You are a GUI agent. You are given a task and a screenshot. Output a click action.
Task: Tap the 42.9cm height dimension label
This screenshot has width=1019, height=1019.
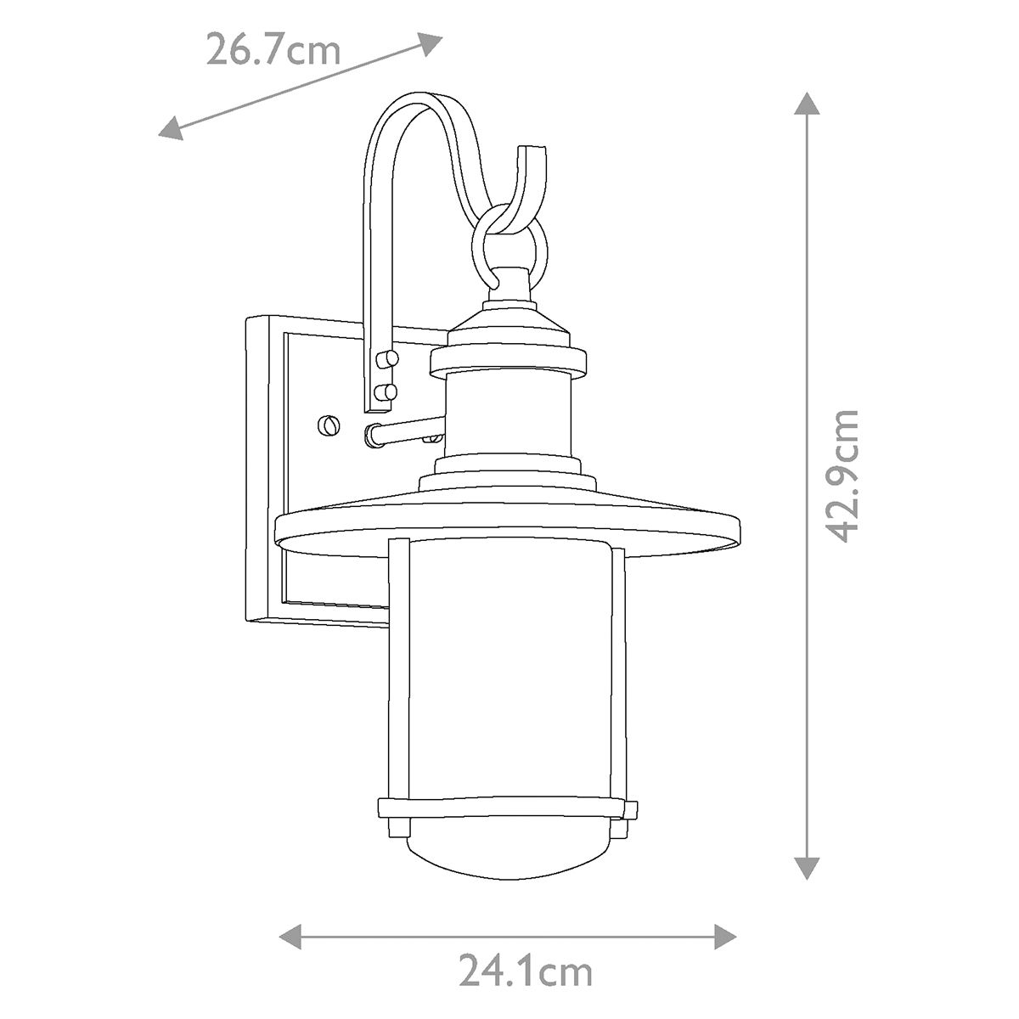pos(844,476)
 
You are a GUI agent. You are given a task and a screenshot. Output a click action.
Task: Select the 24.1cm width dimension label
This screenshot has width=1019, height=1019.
pos(526,971)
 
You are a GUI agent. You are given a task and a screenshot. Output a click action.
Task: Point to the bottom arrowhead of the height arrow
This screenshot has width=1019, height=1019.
pos(807,866)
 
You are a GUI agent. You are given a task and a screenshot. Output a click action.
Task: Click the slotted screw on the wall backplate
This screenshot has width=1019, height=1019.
pos(328,425)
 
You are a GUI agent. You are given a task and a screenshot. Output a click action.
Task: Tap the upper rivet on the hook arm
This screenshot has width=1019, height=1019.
pos(386,359)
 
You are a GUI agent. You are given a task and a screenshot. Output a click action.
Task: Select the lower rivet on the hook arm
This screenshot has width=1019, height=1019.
pos(386,392)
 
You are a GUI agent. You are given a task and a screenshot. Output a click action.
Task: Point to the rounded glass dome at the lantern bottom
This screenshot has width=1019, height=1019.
pos(508,849)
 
